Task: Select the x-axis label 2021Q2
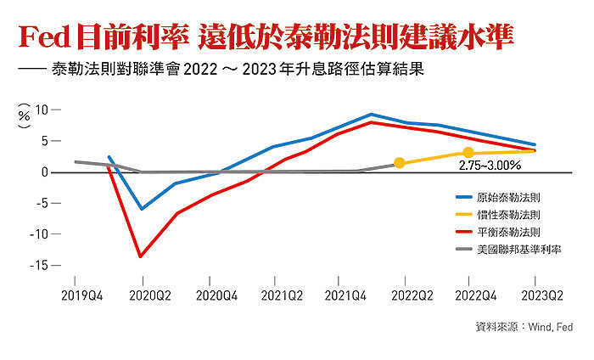(282, 296)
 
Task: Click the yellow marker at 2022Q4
(468, 153)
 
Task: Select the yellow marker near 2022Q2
(400, 162)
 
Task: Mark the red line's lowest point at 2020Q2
(141, 256)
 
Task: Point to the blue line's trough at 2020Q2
(142, 209)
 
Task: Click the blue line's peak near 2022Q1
(371, 114)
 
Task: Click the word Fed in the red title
(42, 38)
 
